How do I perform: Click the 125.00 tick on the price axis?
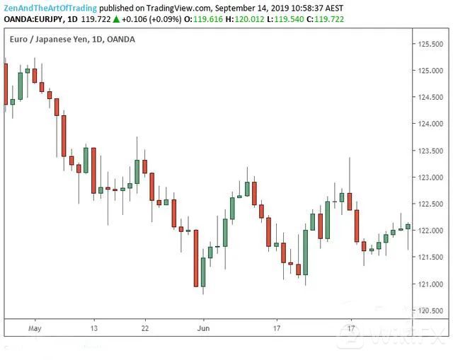[429, 71]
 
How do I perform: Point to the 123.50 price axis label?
[429, 151]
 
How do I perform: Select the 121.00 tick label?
[429, 284]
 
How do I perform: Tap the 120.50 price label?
[429, 311]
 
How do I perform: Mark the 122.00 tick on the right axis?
[429, 231]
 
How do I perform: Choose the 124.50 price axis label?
[429, 98]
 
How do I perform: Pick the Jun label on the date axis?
[204, 328]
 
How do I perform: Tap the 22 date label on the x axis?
[144, 328]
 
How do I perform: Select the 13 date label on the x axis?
[93, 328]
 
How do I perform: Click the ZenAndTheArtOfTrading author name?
[48, 6]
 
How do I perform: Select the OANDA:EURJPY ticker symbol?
[33, 18]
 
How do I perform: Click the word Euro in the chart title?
[20, 39]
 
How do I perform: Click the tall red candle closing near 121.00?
[196, 258]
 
